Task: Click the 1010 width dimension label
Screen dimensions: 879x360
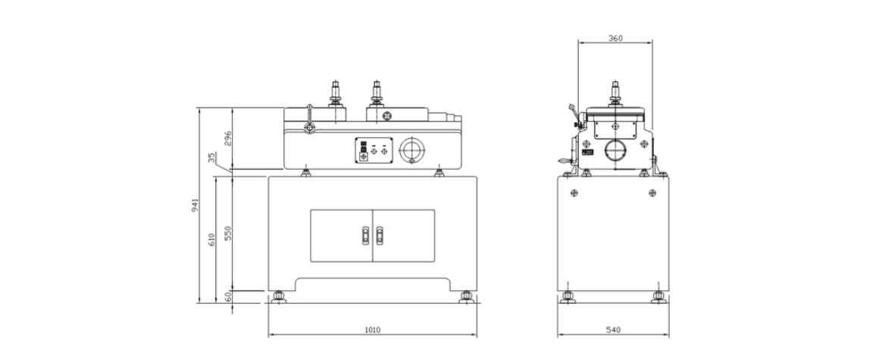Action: [372, 330]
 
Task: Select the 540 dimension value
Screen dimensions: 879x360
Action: [614, 330]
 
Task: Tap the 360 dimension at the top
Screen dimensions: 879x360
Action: [615, 38]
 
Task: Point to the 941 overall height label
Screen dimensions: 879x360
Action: [195, 205]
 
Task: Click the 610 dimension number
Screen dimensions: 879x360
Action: [211, 240]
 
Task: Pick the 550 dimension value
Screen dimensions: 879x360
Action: [228, 233]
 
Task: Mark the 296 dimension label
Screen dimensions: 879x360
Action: [228, 138]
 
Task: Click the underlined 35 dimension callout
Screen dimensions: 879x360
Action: [211, 158]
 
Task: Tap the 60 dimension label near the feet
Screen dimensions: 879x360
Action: [228, 296]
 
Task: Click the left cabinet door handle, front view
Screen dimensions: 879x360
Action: [365, 236]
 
